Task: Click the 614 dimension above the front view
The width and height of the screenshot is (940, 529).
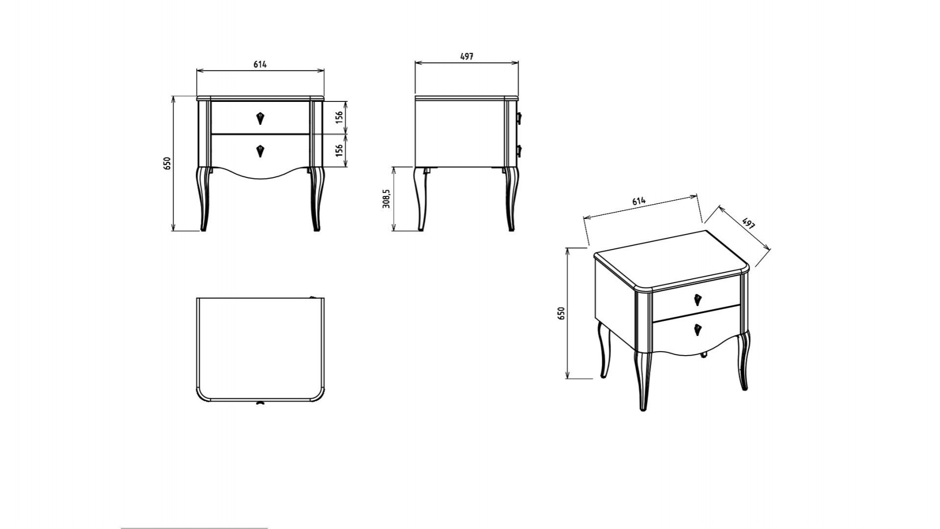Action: tap(260, 64)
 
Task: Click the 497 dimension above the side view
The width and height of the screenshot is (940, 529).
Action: tap(467, 56)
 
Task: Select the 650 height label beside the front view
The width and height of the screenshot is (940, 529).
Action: tap(167, 163)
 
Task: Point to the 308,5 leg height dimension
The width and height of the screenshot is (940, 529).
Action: tap(386, 198)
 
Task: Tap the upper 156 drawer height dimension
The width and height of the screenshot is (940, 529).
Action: tap(339, 118)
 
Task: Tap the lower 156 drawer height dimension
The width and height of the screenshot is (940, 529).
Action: tap(339, 150)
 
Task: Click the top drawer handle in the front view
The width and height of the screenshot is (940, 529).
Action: tap(260, 118)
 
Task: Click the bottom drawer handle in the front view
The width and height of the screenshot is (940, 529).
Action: tap(260, 151)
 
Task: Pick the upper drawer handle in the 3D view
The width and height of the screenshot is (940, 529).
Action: tap(698, 300)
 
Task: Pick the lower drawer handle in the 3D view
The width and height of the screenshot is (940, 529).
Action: tap(698, 330)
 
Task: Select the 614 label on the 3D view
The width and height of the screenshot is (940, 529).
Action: tap(639, 201)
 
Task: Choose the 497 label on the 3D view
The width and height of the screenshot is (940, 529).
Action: tap(749, 223)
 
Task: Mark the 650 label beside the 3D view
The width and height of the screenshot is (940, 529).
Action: tap(562, 313)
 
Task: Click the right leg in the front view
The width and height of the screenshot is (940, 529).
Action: tap(316, 198)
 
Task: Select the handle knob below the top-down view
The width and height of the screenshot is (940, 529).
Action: tap(259, 403)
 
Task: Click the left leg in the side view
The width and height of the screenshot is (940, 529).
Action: tap(420, 198)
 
